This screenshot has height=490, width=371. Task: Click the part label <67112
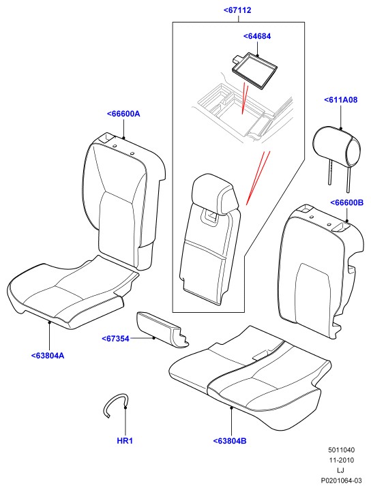pyautogui.click(x=237, y=10)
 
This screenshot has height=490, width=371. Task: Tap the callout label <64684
pyautogui.click(x=257, y=36)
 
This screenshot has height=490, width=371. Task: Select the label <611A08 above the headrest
pyautogui.click(x=341, y=100)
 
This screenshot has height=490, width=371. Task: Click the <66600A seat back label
pyautogui.click(x=123, y=114)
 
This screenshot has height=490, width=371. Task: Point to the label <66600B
pyautogui.click(x=347, y=203)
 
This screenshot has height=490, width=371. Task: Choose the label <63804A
pyautogui.click(x=48, y=356)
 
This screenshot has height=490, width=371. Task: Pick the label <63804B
pyautogui.click(x=230, y=441)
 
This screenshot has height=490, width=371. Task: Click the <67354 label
pyautogui.click(x=115, y=339)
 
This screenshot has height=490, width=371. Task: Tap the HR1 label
pyautogui.click(x=125, y=441)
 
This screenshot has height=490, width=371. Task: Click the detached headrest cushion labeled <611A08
pyautogui.click(x=337, y=147)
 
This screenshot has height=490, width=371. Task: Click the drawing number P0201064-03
pyautogui.click(x=341, y=480)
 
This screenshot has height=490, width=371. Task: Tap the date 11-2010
pyautogui.click(x=341, y=460)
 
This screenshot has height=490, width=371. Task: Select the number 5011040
pyautogui.click(x=341, y=450)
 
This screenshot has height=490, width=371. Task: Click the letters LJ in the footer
pyautogui.click(x=341, y=470)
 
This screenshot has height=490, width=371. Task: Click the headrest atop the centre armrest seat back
pyautogui.click(x=215, y=194)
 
